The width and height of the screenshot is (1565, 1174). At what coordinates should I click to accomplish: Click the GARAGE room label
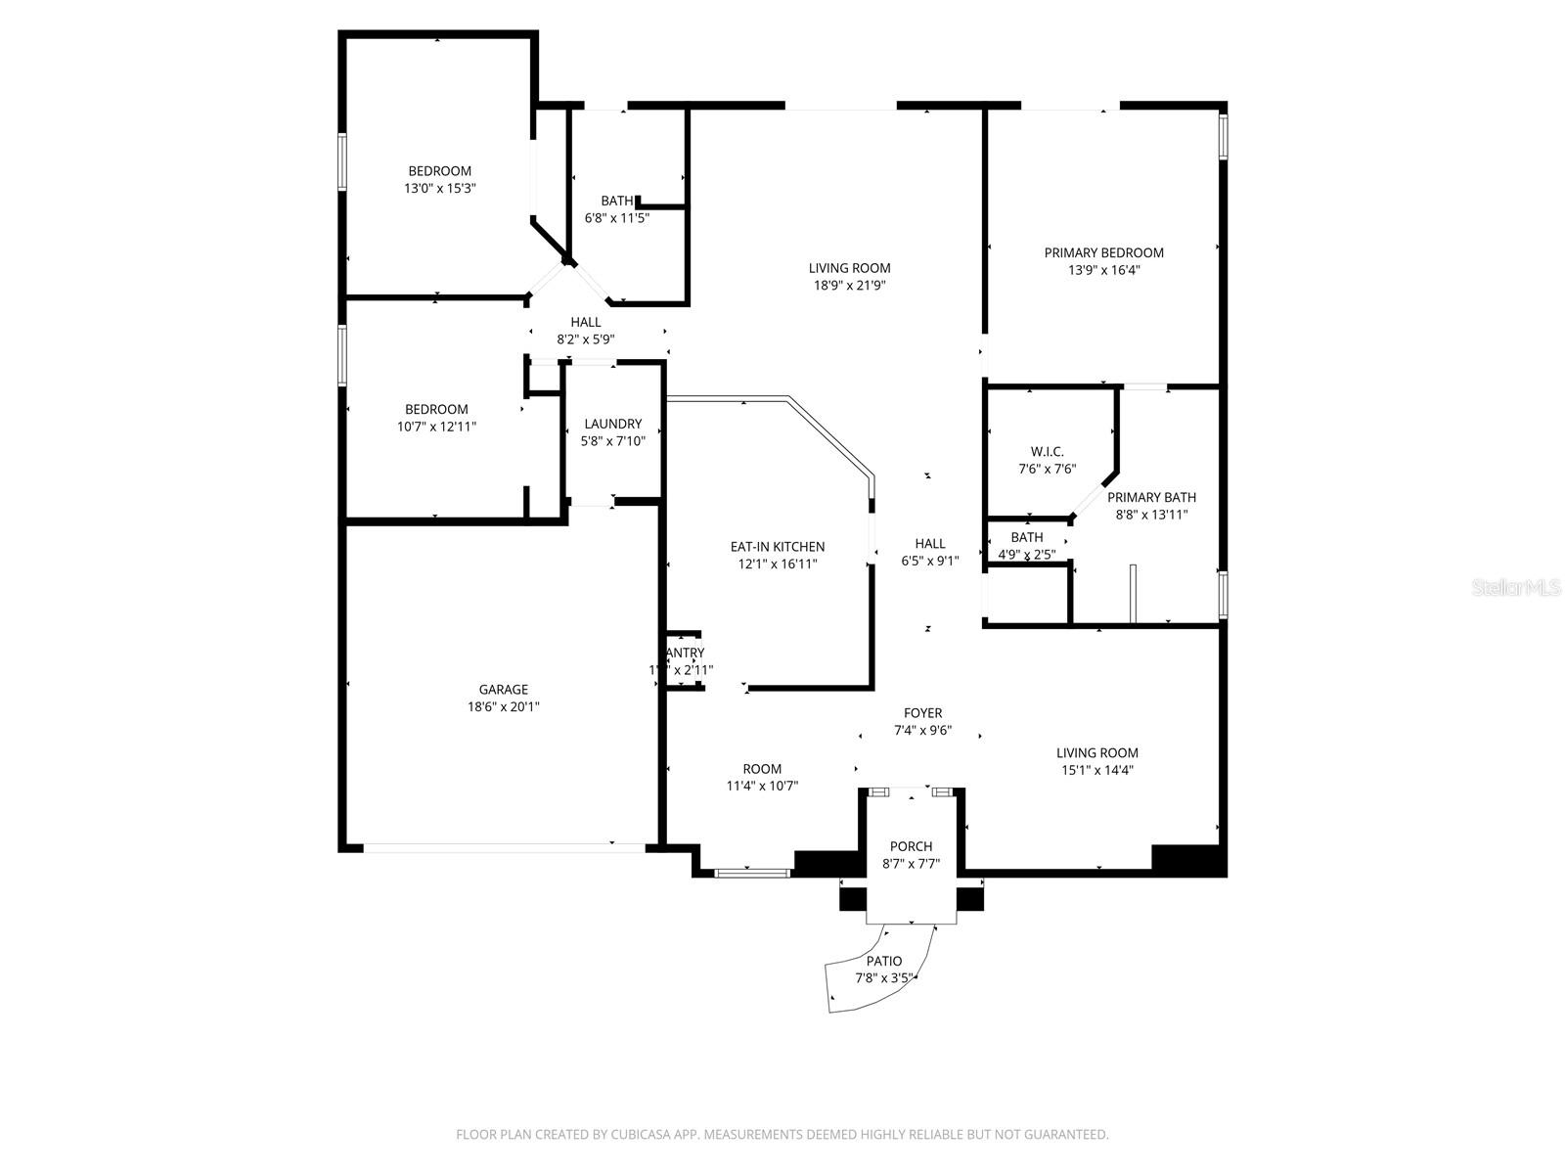pyautogui.click(x=503, y=690)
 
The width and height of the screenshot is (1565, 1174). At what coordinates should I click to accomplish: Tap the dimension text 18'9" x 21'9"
pyautogui.click(x=849, y=286)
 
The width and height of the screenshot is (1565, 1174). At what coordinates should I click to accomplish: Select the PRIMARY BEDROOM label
pyautogui.click(x=1103, y=252)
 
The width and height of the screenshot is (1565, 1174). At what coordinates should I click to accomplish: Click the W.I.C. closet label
pyautogui.click(x=1047, y=452)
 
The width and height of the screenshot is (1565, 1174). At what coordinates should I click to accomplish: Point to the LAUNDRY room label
pyautogui.click(x=613, y=424)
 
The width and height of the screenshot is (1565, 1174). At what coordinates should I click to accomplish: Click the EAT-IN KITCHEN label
pyautogui.click(x=778, y=547)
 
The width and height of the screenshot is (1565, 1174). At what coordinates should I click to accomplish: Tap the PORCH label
pyautogui.click(x=911, y=846)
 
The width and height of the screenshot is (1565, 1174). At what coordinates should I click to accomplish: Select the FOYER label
pyautogui.click(x=922, y=713)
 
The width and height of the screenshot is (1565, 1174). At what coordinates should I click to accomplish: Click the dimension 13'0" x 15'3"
pyautogui.click(x=439, y=188)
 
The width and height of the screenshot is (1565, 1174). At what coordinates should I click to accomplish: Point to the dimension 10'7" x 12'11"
pyautogui.click(x=436, y=427)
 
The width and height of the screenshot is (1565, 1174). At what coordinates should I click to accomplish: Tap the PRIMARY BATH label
pyautogui.click(x=1151, y=497)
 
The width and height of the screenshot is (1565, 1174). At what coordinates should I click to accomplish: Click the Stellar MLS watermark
pyautogui.click(x=1517, y=588)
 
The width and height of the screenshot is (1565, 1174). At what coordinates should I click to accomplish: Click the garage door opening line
pyautogui.click(x=504, y=848)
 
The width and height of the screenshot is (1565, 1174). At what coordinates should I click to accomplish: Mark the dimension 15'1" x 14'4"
pyautogui.click(x=1096, y=770)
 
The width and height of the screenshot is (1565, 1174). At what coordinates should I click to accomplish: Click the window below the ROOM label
pyautogui.click(x=751, y=871)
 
